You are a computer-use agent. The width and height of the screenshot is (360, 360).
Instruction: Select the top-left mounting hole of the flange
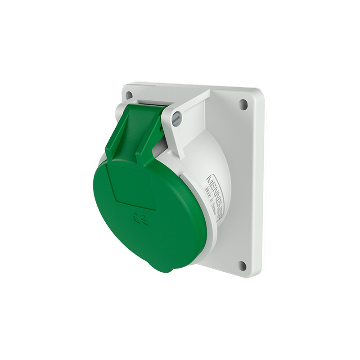point(129,95)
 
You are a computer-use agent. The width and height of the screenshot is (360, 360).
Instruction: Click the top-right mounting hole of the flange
point(243,105)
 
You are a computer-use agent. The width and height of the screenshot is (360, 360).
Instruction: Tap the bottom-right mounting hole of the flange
point(242,265)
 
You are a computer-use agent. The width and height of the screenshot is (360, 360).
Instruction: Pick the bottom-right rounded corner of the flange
point(258,273)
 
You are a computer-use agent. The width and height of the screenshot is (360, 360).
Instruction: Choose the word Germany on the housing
point(213,208)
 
